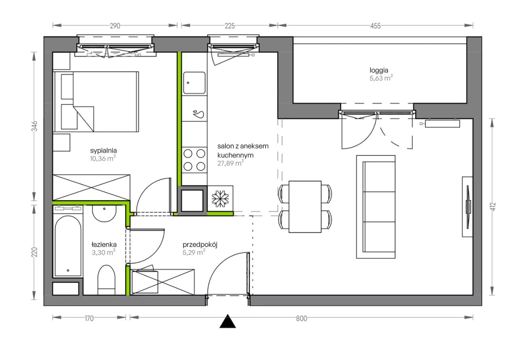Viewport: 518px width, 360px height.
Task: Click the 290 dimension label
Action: point(115,26)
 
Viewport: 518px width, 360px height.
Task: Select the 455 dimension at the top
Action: point(375,26)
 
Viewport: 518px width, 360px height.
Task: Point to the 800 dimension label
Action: point(301,319)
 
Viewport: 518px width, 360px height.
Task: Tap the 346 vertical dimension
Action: point(34,126)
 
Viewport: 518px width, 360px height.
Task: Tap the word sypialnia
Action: point(103,151)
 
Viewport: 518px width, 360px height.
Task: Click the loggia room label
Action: point(379,70)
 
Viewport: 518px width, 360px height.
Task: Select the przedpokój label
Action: point(200,245)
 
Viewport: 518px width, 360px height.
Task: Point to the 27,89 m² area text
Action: point(230,163)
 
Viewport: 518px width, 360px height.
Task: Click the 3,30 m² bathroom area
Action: point(103,252)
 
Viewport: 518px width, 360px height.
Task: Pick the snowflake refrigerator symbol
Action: point(220,199)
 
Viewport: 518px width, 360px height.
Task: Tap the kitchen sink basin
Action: point(194,83)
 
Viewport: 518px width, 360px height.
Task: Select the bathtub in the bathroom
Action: point(68,246)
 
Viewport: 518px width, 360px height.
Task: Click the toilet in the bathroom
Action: point(106,280)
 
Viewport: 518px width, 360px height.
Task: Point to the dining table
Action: point(305,207)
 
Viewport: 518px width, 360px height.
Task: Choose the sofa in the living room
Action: point(376,207)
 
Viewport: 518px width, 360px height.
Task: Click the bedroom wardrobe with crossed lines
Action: point(91,187)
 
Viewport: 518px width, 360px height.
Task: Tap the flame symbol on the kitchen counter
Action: point(199,114)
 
